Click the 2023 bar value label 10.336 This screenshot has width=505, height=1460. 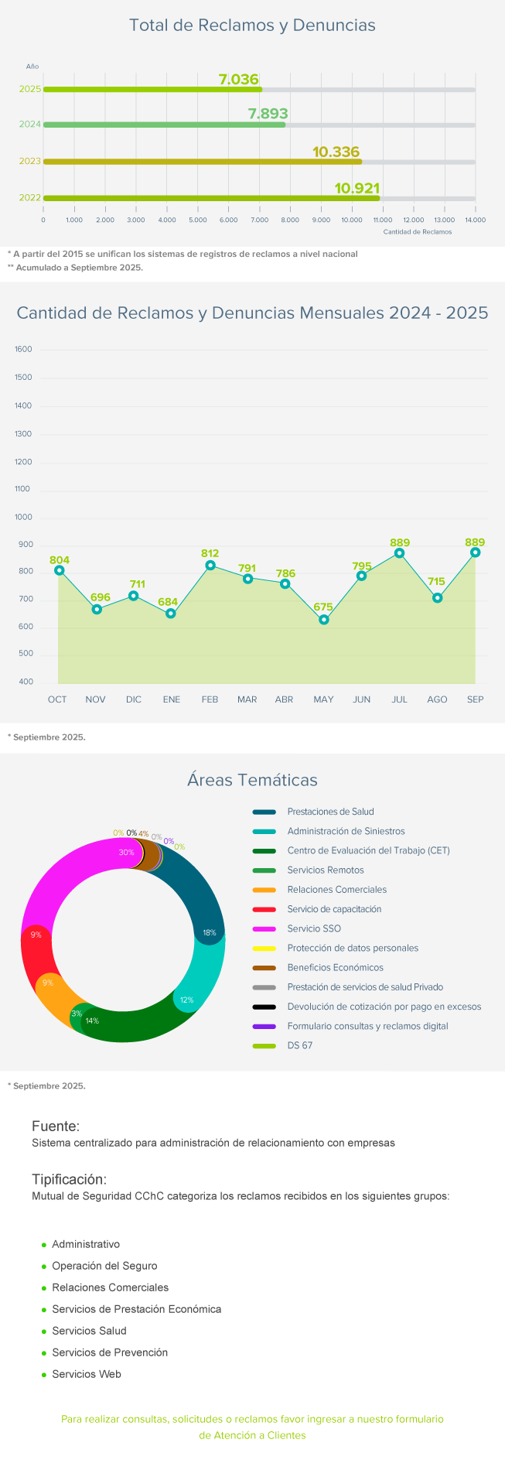pyautogui.click(x=336, y=152)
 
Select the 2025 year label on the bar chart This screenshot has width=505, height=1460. pyautogui.click(x=30, y=90)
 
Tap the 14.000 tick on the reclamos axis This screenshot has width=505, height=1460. pyautogui.click(x=475, y=220)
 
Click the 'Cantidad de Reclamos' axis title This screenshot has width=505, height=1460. pyautogui.click(x=417, y=231)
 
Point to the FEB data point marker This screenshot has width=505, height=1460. pyautogui.click(x=210, y=565)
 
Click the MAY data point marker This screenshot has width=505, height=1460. pyautogui.click(x=324, y=620)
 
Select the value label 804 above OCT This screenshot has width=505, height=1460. pyautogui.click(x=60, y=560)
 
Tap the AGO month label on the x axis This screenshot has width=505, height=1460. pyautogui.click(x=437, y=699)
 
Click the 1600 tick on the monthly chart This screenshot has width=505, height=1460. pyautogui.click(x=23, y=350)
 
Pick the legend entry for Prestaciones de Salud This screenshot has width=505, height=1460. pyautogui.click(x=330, y=812)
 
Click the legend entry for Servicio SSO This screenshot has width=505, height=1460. pyautogui.click(x=314, y=928)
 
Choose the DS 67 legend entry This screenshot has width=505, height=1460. pyautogui.click(x=300, y=1045)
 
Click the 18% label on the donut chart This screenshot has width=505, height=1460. pyautogui.click(x=209, y=933)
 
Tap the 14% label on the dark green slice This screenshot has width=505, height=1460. pyautogui.click(x=92, y=1021)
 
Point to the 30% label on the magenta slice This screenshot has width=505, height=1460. pyautogui.click(x=126, y=853)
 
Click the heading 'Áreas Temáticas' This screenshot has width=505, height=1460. pyautogui.click(x=252, y=780)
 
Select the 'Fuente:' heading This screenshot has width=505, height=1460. pyautogui.click(x=56, y=1127)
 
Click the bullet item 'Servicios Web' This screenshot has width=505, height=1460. pyautogui.click(x=87, y=1374)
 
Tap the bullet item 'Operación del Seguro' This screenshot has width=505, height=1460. pyautogui.click(x=104, y=1266)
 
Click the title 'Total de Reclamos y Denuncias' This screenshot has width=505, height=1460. pyautogui.click(x=252, y=26)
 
